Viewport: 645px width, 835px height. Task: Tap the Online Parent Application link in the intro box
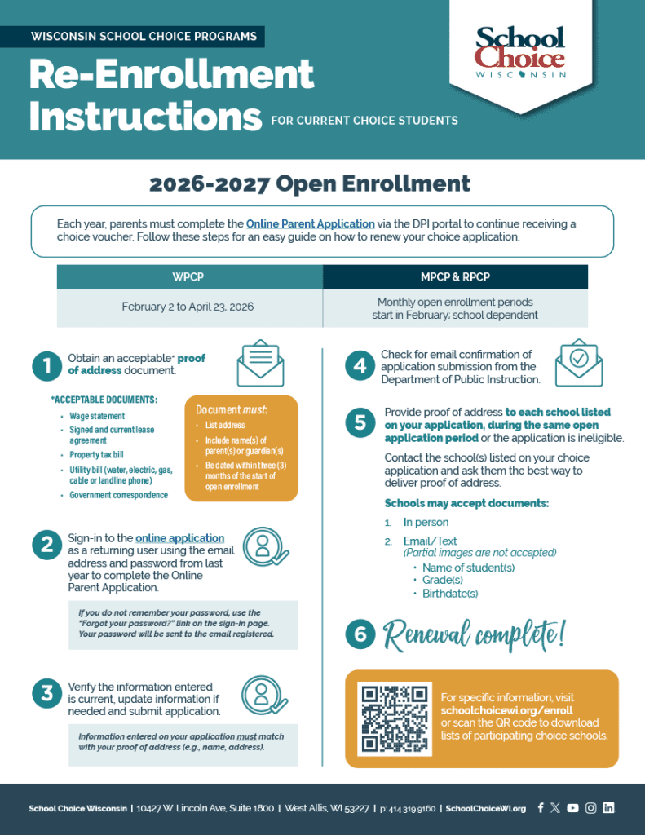311,223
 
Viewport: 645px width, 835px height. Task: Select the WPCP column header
189,277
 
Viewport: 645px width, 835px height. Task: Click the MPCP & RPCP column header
455,277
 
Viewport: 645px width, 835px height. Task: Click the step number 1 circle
47,366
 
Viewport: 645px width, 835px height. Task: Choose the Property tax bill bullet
96,454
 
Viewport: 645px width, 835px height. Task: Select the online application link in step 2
179,538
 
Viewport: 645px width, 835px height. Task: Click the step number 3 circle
47,694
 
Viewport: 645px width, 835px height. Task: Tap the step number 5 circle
360,422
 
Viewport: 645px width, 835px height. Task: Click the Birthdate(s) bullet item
450,594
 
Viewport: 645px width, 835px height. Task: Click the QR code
395,718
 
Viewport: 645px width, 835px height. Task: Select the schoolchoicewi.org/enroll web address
506,710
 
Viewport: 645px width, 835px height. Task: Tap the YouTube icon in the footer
572,808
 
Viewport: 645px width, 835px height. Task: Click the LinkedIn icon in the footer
608,808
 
